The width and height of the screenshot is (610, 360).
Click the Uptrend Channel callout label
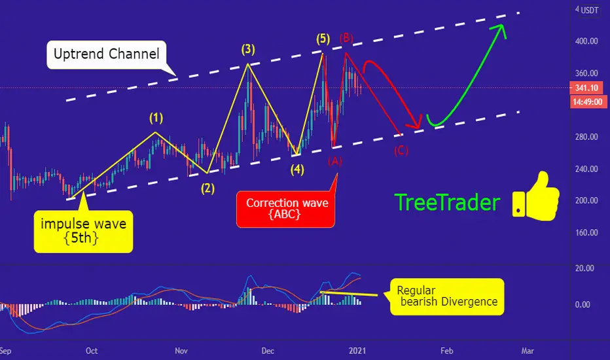click(x=107, y=54)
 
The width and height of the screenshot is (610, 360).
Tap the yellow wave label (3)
click(x=248, y=50)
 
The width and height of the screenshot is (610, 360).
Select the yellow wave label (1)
click(x=156, y=118)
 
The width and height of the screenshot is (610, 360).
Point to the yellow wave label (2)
click(x=207, y=189)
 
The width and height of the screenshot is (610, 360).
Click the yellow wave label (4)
click(x=297, y=170)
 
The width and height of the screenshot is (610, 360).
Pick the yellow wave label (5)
click(x=323, y=39)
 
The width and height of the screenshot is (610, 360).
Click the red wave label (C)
click(x=401, y=151)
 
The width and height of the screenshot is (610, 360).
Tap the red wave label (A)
click(x=335, y=161)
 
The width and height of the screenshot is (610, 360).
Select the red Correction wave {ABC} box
click(x=285, y=209)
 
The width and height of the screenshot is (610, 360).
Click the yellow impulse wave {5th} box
click(x=83, y=232)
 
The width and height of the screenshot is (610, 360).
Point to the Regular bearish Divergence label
click(x=447, y=297)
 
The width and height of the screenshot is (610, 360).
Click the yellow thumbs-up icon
click(x=535, y=197)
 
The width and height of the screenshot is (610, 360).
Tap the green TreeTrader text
click(x=448, y=203)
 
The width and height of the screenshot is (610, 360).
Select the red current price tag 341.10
click(x=586, y=88)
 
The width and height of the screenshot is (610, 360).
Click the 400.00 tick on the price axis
click(x=586, y=41)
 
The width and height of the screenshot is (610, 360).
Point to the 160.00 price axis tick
click(x=586, y=233)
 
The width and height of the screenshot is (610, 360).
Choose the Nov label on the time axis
click(x=181, y=351)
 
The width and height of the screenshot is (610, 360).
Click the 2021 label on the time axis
click(x=357, y=351)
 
